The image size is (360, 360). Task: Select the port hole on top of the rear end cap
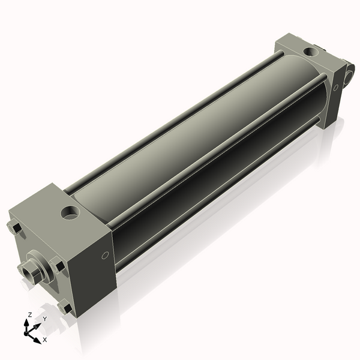point(311,52)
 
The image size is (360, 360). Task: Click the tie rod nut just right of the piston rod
point(58,266)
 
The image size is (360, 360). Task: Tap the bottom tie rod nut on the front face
point(64,308)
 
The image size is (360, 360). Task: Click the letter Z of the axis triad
point(29,314)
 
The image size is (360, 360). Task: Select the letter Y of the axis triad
point(44,318)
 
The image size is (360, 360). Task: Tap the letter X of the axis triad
point(44,340)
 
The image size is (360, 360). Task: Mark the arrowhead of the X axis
point(39,336)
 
